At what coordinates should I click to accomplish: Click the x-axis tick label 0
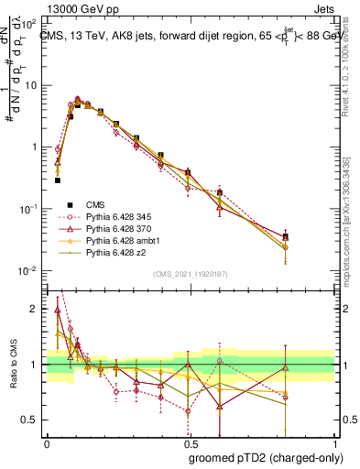pos(47,442)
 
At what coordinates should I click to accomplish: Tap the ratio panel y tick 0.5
pos(32,420)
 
